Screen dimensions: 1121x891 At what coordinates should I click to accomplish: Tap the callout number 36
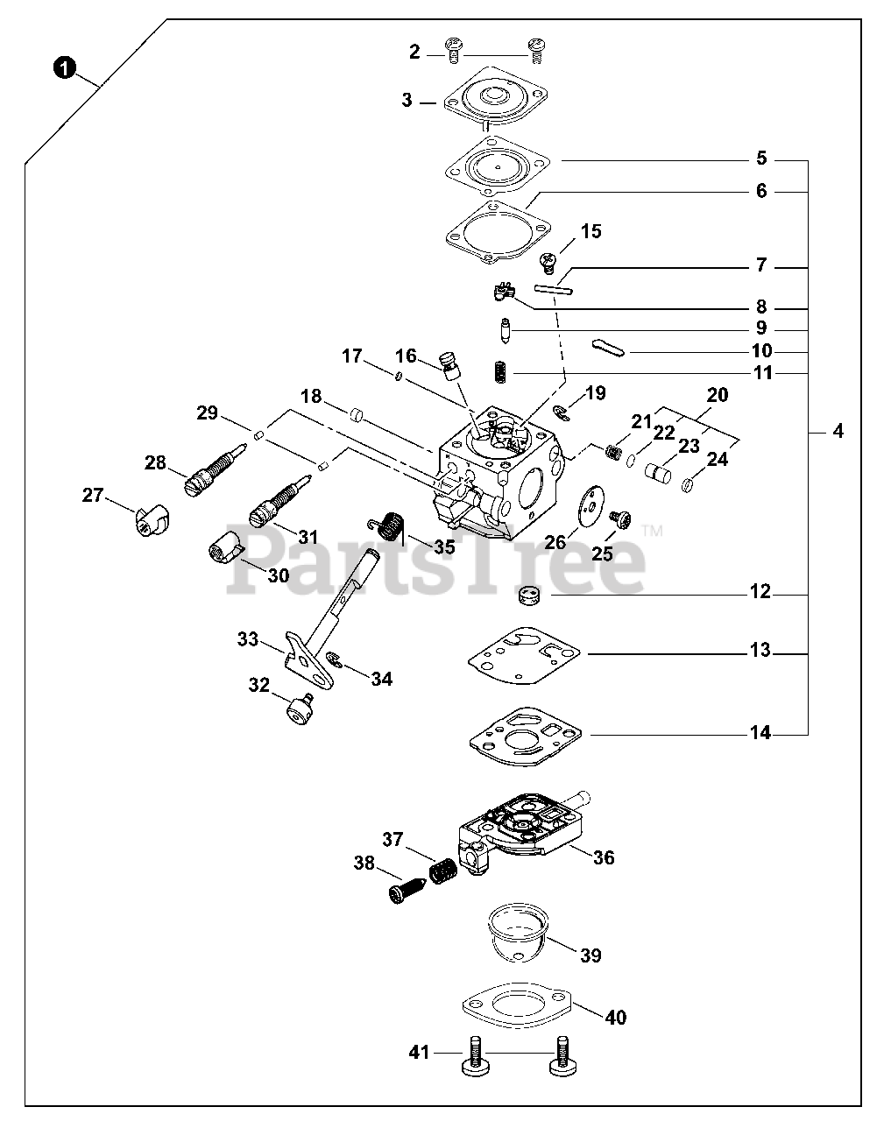coord(604,857)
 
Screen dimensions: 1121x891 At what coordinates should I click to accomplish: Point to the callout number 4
coord(838,431)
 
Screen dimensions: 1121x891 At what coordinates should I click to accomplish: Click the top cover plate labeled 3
coord(488,103)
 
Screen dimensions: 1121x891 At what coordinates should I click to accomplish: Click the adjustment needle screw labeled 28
coord(213,467)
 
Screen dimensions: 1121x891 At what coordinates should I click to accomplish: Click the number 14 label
coord(760,733)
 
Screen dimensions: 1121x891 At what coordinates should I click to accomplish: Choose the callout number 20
coord(717,395)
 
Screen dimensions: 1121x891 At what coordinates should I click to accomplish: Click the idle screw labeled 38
coord(406,892)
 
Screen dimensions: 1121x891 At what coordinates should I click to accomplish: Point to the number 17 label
coord(351,356)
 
